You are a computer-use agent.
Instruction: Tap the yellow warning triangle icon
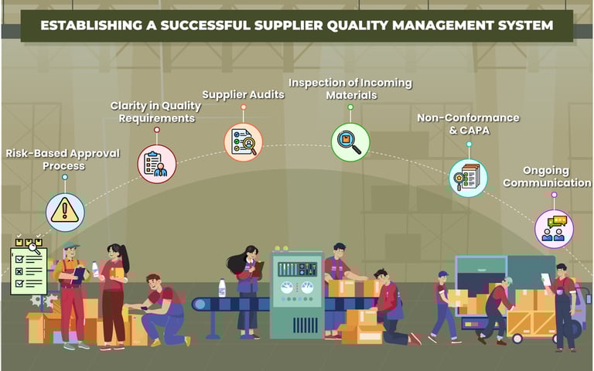click(x=65, y=212)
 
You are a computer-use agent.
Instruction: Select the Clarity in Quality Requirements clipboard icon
click(x=157, y=164)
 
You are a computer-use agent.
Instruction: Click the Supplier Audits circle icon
click(x=244, y=142)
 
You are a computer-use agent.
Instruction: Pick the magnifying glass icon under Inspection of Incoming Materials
click(x=350, y=142)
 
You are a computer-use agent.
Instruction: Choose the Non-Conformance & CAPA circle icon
click(x=468, y=177)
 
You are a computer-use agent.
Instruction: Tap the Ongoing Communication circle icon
click(x=554, y=228)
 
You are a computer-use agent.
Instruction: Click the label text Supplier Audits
click(x=243, y=94)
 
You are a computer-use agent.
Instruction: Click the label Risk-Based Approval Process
click(x=63, y=159)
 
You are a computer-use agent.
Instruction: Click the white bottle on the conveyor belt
click(x=222, y=288)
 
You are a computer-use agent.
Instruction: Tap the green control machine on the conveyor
click(x=296, y=294)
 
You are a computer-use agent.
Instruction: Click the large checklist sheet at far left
click(x=29, y=270)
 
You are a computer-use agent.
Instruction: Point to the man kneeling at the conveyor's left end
click(x=162, y=309)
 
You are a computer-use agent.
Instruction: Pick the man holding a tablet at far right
click(x=564, y=305)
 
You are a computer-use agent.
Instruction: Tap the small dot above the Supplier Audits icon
click(x=244, y=107)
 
